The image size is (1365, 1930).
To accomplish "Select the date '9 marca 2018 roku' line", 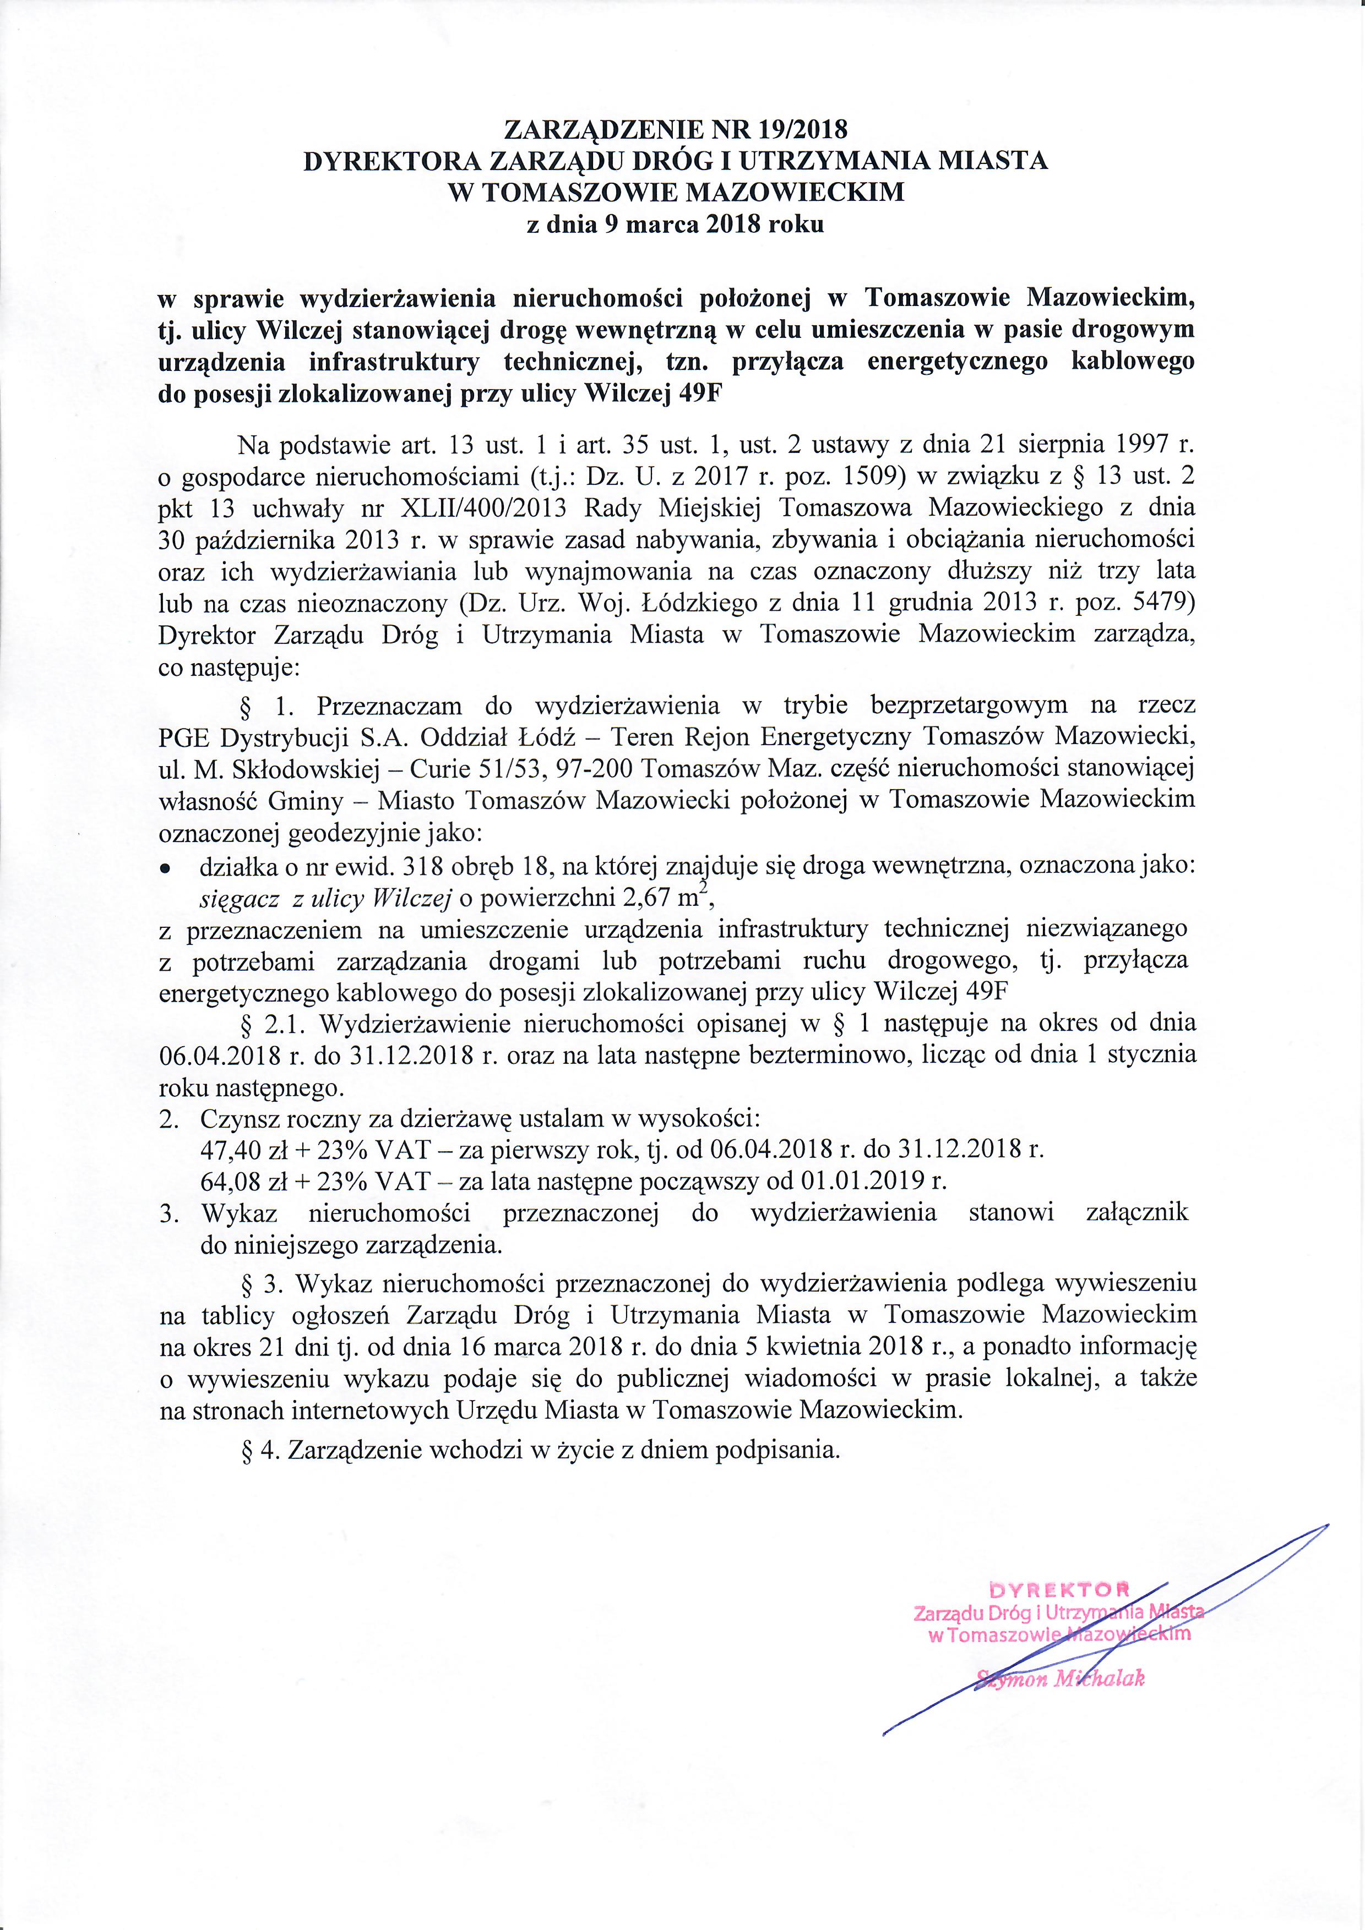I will [675, 225].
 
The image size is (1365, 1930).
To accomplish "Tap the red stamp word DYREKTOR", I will [1058, 1589].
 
